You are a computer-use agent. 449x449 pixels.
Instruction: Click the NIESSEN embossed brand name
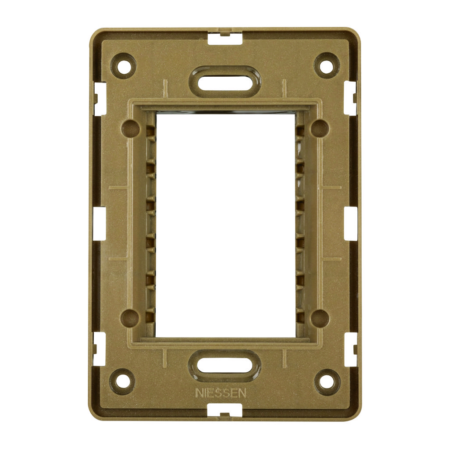pyautogui.click(x=221, y=393)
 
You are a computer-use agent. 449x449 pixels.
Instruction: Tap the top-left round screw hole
pyautogui.click(x=124, y=66)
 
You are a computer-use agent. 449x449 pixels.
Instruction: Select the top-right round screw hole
pyautogui.click(x=326, y=66)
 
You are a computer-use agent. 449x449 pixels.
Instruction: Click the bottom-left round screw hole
pyautogui.click(x=122, y=382)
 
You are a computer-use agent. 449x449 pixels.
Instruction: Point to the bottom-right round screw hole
pyautogui.click(x=327, y=382)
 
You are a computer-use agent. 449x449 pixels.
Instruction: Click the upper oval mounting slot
pyautogui.click(x=224, y=78)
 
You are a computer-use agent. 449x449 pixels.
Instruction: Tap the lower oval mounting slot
pyautogui.click(x=224, y=366)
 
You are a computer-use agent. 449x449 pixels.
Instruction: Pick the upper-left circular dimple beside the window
pyautogui.click(x=130, y=128)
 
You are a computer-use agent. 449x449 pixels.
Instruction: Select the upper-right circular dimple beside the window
pyautogui.click(x=320, y=128)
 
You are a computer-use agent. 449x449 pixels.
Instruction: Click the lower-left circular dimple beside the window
pyautogui.click(x=129, y=318)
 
